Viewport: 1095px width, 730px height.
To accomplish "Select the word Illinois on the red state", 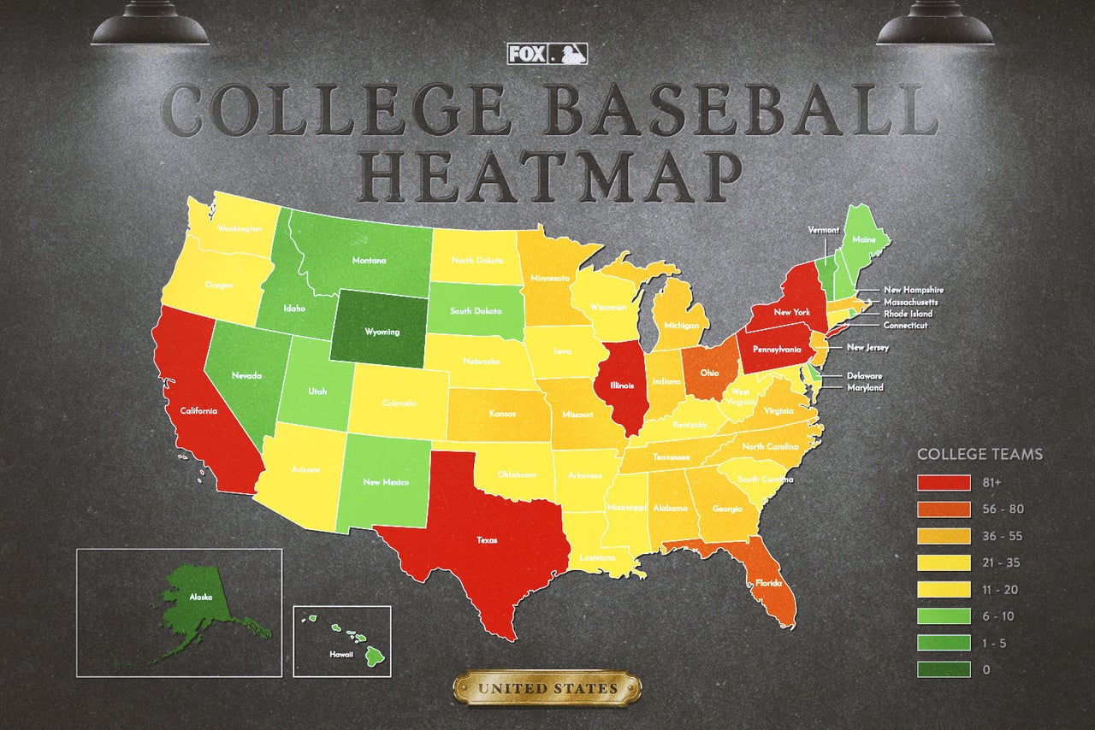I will [x=621, y=385].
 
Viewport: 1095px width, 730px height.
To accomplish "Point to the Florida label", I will [x=768, y=583].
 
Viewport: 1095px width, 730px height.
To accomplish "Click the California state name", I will [x=198, y=411].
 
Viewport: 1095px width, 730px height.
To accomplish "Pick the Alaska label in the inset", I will [x=202, y=598].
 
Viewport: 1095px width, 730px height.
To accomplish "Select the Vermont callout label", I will [x=824, y=230].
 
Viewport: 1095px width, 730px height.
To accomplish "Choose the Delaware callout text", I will [x=865, y=376].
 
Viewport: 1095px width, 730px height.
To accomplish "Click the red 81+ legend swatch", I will [x=944, y=483].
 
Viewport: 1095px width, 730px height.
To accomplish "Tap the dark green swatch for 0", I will [x=944, y=669].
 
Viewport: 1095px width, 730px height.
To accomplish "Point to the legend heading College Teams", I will [x=980, y=454].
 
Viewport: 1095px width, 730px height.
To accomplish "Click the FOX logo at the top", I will [x=528, y=54].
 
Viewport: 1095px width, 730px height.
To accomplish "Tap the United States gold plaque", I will [x=547, y=688].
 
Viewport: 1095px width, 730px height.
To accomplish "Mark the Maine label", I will [x=864, y=240].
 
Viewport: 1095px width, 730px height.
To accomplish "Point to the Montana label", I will [x=369, y=261].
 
